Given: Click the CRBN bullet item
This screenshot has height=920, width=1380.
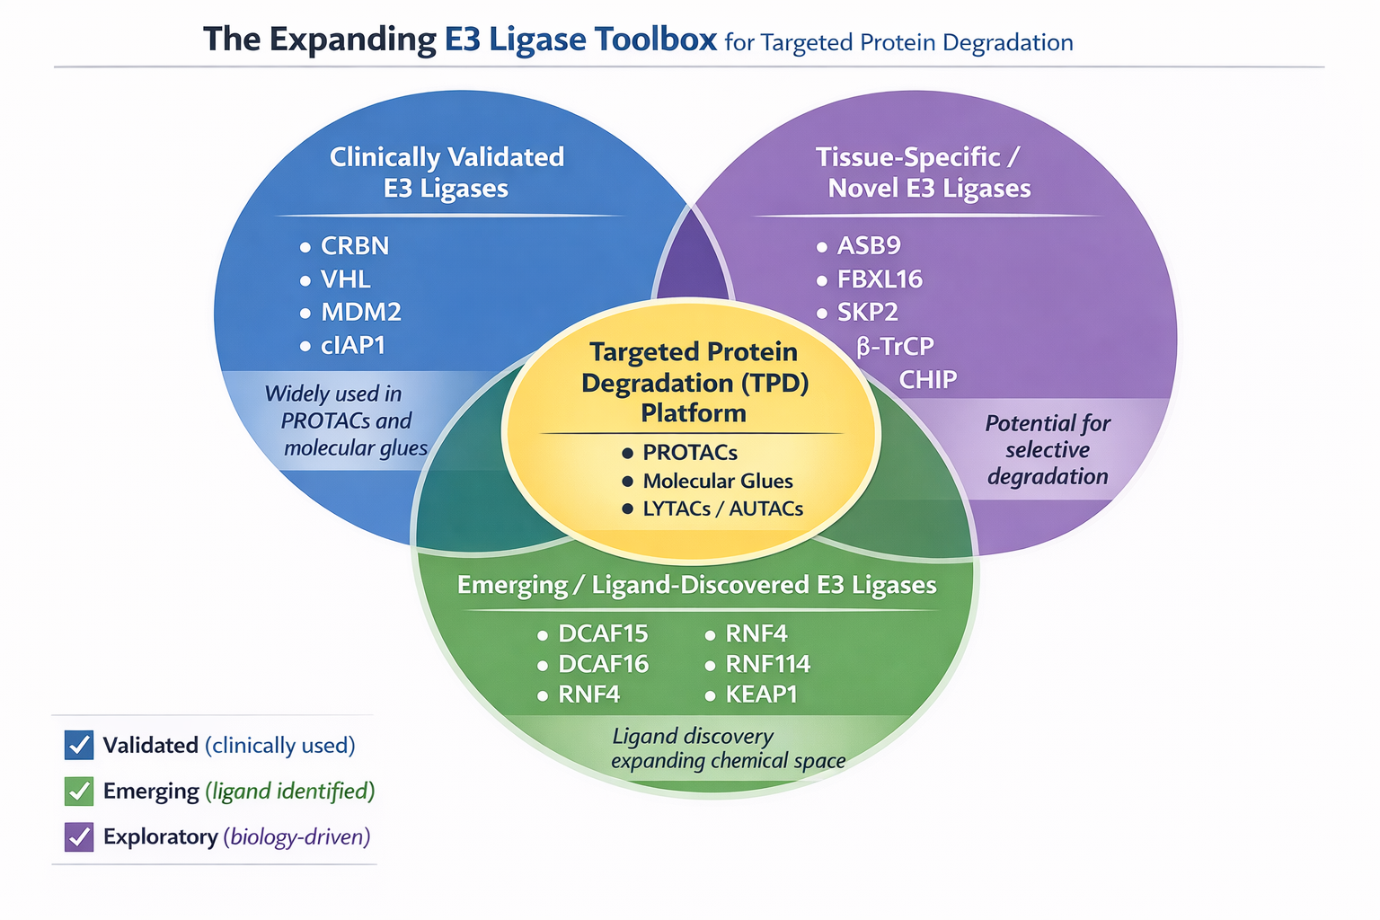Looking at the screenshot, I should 354,246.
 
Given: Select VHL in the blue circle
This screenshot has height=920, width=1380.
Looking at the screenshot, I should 345,279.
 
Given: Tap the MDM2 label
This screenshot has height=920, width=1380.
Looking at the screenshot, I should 360,313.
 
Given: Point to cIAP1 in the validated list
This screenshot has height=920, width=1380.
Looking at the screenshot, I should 352,346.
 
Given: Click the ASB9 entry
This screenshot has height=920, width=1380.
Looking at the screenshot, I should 868,246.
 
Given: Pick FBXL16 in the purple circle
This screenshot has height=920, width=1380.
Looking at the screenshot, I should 879,279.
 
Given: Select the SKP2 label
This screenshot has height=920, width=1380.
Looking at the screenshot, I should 867,313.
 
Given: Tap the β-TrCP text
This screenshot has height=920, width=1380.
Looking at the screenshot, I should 895,347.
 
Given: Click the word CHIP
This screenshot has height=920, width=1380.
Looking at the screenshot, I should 928,380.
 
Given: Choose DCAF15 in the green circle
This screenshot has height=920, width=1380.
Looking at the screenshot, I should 603,634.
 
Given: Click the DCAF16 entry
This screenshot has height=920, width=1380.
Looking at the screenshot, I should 603,665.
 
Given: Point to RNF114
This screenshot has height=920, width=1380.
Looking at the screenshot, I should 767,665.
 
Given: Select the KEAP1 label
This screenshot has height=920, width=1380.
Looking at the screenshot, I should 761,694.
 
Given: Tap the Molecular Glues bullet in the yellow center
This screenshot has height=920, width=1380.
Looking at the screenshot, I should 717,482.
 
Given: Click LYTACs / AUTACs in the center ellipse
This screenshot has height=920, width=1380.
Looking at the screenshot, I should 722,509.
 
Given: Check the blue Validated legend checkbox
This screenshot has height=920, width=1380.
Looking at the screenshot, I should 79,745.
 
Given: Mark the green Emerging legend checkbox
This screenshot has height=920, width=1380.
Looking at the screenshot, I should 79,791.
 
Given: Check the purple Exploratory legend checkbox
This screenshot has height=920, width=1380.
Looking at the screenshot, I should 79,836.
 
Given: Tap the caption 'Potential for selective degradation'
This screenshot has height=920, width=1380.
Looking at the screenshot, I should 1048,449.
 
